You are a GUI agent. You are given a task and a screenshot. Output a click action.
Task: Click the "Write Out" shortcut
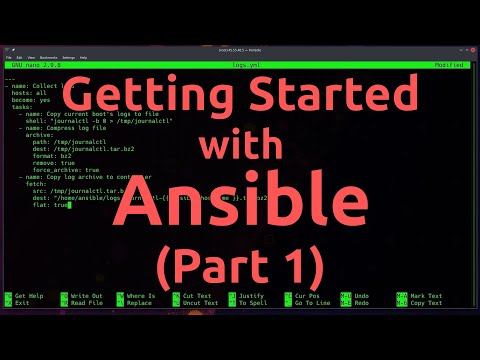pos(86,296)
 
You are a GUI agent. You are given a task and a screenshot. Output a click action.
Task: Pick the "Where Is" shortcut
pos(141,296)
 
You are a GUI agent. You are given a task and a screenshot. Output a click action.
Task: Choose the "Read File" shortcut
pos(86,303)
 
